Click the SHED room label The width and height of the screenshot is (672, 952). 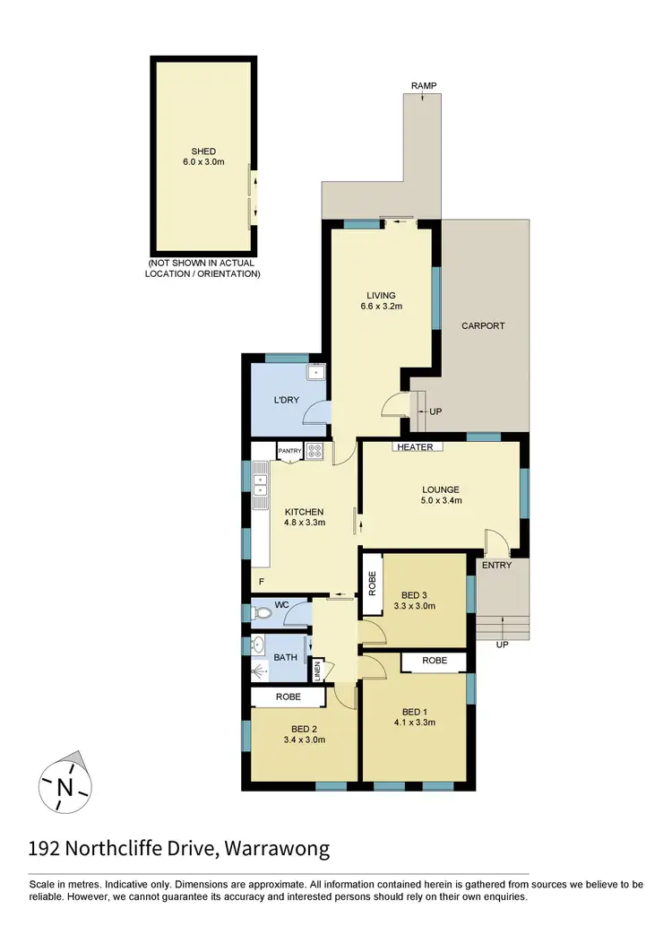tap(203, 151)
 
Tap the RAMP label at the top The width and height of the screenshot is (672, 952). tap(424, 85)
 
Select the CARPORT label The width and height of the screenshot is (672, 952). tap(483, 325)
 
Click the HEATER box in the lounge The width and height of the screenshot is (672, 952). tap(416, 446)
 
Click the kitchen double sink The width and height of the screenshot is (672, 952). tap(261, 484)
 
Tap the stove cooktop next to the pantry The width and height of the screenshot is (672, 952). tap(314, 452)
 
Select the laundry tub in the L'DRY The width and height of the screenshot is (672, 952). tap(315, 372)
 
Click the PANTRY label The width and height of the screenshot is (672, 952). tap(289, 451)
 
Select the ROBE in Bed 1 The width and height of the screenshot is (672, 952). tap(434, 662)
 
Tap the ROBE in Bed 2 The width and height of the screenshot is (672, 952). tap(288, 697)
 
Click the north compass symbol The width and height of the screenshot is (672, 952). tap(65, 786)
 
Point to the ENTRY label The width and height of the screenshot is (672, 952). tap(496, 565)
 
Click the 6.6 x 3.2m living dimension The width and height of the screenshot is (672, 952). tap(381, 307)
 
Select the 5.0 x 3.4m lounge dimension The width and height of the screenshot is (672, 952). tap(441, 501)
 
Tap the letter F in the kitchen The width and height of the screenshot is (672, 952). tap(262, 582)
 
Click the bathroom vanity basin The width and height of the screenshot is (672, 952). tap(259, 644)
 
